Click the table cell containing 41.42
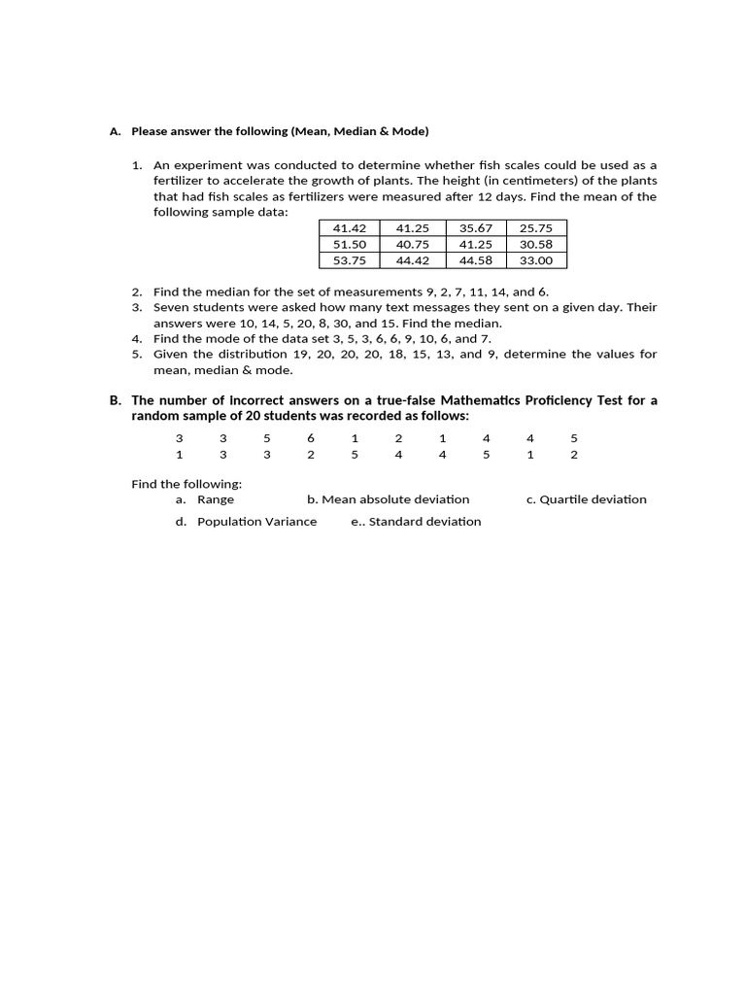[350, 228]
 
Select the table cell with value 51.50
[350, 245]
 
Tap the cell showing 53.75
[350, 260]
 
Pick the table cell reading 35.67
[476, 228]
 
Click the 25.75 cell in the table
[536, 228]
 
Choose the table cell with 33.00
[536, 260]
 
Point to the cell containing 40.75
[413, 245]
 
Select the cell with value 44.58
[476, 260]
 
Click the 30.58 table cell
[536, 245]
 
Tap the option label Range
[216, 499]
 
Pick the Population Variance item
[256, 522]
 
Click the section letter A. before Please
[115, 131]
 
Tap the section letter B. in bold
[115, 400]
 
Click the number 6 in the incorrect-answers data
[311, 438]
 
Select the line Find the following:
[186, 484]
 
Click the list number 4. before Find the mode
[137, 339]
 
